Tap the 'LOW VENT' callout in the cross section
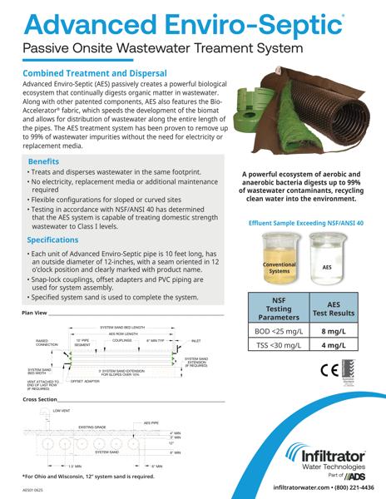(x=63, y=411)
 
